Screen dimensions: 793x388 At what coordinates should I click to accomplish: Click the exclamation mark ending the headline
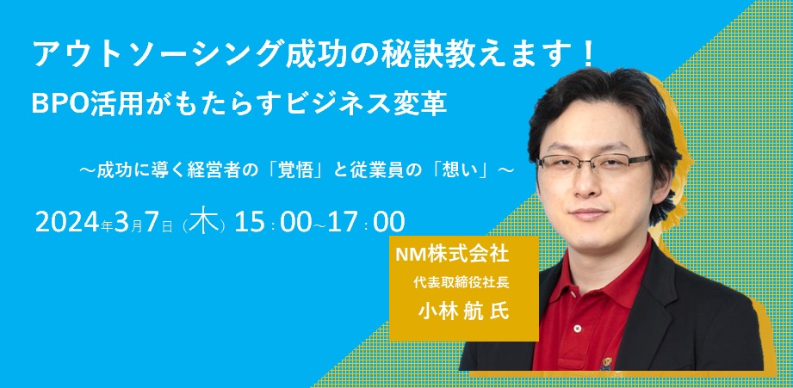pos(587,54)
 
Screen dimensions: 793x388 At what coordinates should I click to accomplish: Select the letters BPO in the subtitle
pos(60,104)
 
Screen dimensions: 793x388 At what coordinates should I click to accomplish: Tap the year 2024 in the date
pos(68,222)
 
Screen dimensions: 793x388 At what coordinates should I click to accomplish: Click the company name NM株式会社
pos(451,255)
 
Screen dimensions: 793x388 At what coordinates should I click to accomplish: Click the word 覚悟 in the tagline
pos(299,170)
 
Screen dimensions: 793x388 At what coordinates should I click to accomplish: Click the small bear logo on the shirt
pos(605,363)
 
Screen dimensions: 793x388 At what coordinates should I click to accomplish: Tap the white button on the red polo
pos(577,329)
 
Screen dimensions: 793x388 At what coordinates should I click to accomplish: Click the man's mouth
pos(588,212)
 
